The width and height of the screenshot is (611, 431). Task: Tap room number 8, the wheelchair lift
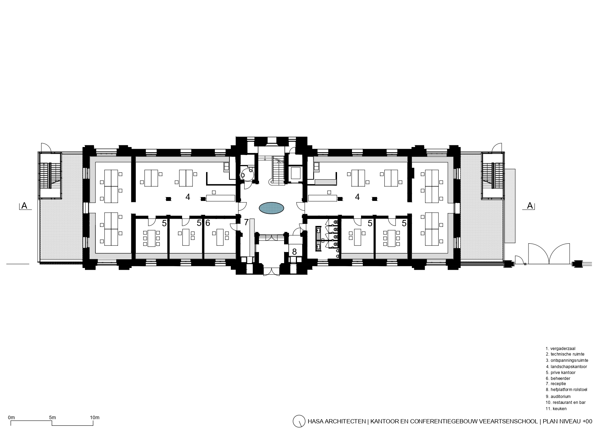click(294, 252)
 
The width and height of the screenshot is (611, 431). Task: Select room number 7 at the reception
click(246, 222)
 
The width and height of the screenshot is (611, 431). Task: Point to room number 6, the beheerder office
click(207, 223)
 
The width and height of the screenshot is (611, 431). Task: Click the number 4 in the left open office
click(188, 197)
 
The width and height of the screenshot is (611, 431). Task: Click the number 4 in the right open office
click(357, 197)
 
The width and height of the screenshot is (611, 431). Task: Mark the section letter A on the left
click(24, 206)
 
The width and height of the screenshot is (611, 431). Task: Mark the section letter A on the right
click(530, 206)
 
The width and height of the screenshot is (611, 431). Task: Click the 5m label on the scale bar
click(53, 417)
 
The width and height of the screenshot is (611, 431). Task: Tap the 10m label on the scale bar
click(95, 417)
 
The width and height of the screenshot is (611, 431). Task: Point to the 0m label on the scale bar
click(11, 417)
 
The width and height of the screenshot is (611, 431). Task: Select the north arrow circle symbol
click(298, 421)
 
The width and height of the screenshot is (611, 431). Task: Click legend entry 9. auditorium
click(558, 396)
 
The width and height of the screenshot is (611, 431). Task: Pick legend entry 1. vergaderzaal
click(560, 348)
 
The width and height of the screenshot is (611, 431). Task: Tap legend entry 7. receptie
click(556, 384)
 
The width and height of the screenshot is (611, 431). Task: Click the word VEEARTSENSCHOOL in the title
click(508, 422)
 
